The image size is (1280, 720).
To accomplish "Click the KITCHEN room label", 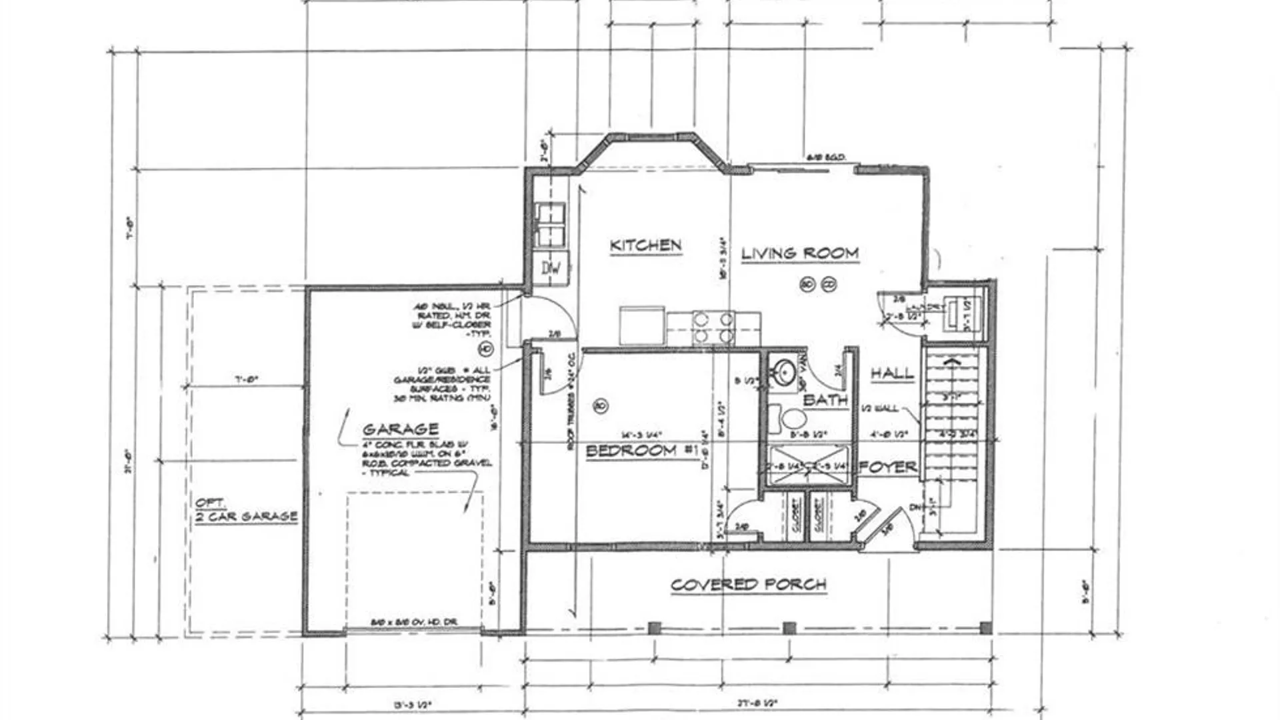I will click(x=645, y=245).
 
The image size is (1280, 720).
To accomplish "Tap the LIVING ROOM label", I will click(x=799, y=253).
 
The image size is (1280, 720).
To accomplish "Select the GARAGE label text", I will click(x=401, y=429).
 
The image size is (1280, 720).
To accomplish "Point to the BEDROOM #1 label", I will click(x=641, y=451).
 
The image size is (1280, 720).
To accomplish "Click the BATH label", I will click(x=825, y=400).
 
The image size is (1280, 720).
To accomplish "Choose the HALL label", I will click(x=892, y=373).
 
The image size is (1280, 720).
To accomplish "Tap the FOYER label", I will click(x=887, y=467).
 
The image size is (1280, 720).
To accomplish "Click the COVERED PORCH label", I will click(x=748, y=585).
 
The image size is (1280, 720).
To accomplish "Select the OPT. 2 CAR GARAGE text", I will click(x=245, y=511).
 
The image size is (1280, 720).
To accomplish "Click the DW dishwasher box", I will click(x=551, y=269).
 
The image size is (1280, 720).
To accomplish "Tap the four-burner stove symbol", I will click(x=713, y=327).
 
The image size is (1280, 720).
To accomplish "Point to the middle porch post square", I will click(x=789, y=628).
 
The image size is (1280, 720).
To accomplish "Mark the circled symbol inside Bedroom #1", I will click(x=599, y=405).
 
